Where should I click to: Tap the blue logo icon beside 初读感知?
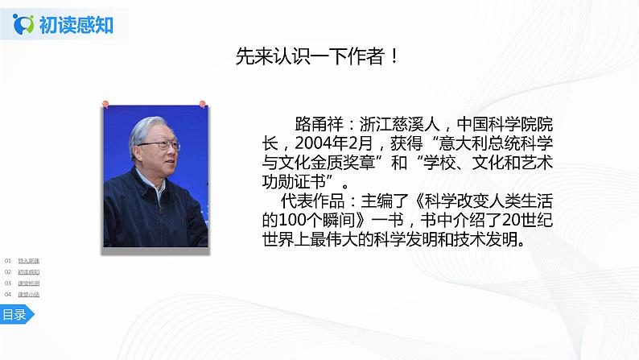tap(26, 25)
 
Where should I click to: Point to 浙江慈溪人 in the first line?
tap(397, 125)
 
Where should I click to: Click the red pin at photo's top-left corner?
tap(105, 105)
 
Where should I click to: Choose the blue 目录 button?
tap(14, 315)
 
